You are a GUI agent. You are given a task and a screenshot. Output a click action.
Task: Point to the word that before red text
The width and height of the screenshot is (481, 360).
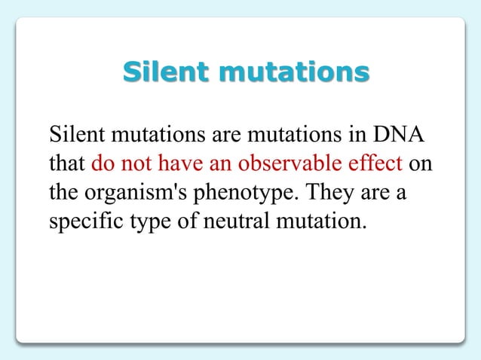(66, 165)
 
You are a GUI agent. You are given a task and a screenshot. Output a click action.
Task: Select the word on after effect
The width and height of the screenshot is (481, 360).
(423, 165)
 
